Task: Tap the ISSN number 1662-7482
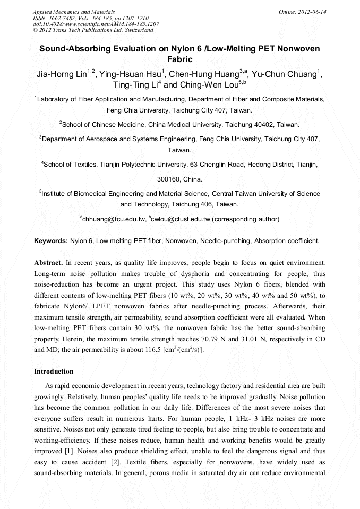click(63, 18)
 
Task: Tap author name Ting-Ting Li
click(135, 85)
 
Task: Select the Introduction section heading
click(54, 371)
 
